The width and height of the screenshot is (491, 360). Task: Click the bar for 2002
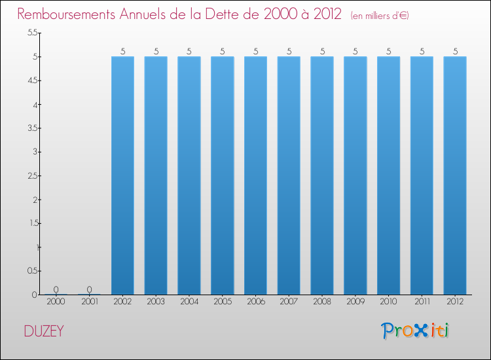click(x=122, y=175)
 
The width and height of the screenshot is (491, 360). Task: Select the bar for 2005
click(x=222, y=175)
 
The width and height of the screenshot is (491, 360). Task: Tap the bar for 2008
click(x=321, y=175)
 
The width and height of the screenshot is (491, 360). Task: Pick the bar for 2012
click(x=454, y=175)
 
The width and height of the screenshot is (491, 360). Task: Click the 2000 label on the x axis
click(x=56, y=302)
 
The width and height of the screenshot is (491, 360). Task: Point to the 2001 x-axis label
click(x=89, y=302)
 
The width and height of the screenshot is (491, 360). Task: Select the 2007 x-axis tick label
click(x=288, y=302)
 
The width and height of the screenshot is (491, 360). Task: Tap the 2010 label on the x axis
click(x=388, y=302)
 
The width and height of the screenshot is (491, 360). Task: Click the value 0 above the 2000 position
click(x=56, y=289)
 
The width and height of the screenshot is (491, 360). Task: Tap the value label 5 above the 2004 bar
click(x=189, y=51)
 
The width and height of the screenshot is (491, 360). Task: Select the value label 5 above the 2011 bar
click(x=422, y=51)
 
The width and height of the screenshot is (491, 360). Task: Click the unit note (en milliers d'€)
click(x=380, y=15)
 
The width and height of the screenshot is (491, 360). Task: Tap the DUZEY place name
click(x=44, y=331)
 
